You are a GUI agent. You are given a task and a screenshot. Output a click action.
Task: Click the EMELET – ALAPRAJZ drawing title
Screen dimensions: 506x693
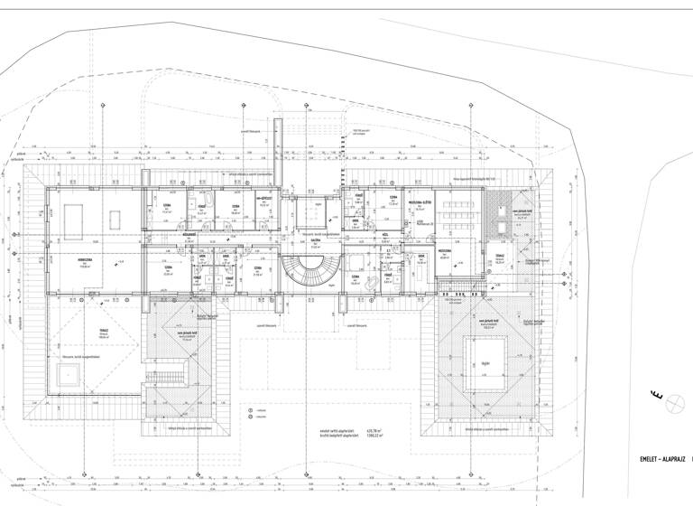662,459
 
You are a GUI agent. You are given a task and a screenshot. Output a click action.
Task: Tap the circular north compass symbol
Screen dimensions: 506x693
671,405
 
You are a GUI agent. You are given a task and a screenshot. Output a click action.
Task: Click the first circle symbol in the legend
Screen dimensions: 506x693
251,410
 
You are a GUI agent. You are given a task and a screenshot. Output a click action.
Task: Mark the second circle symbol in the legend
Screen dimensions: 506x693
251,417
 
